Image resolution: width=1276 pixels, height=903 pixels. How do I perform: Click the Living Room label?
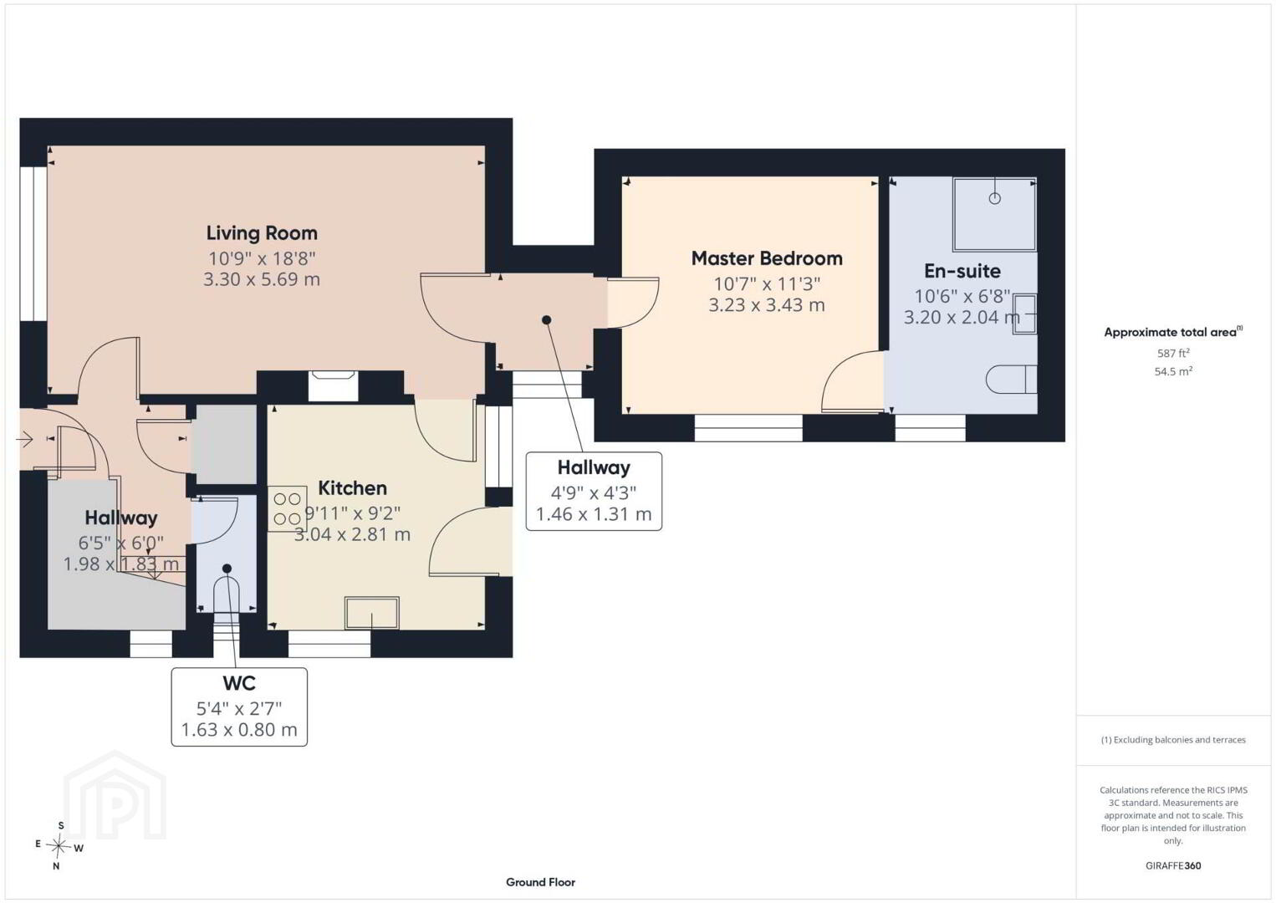pyautogui.click(x=262, y=233)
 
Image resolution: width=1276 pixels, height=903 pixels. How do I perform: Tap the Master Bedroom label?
pyautogui.click(x=767, y=258)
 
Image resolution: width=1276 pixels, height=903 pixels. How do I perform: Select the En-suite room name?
pyautogui.click(x=962, y=271)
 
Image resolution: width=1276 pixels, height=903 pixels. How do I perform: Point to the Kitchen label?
pyautogui.click(x=352, y=488)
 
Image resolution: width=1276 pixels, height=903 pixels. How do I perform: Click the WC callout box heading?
pyautogui.click(x=239, y=682)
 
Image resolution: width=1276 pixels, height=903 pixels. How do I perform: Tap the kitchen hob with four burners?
pyautogui.click(x=287, y=508)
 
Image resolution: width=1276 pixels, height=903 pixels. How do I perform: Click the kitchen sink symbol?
pyautogui.click(x=371, y=613)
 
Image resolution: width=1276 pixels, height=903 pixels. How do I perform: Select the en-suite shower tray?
pyautogui.click(x=994, y=214)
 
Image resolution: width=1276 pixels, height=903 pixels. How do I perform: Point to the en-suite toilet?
pyautogui.click(x=1011, y=379)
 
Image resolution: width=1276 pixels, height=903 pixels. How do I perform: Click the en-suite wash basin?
pyautogui.click(x=1025, y=314)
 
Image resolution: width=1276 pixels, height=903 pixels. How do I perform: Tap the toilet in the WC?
pyautogui.click(x=227, y=595)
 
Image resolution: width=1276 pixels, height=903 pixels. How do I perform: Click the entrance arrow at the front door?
pyautogui.click(x=24, y=439)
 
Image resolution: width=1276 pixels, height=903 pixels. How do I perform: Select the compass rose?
pyautogui.click(x=58, y=846)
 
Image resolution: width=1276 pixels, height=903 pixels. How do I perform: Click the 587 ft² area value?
pyautogui.click(x=1173, y=353)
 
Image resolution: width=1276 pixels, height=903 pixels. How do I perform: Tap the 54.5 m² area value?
pyautogui.click(x=1173, y=371)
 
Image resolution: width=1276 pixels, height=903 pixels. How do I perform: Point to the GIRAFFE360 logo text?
pyautogui.click(x=1173, y=866)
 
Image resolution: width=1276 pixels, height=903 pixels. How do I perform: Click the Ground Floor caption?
pyautogui.click(x=541, y=882)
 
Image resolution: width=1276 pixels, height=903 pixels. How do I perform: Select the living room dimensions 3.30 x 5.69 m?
pyautogui.click(x=262, y=280)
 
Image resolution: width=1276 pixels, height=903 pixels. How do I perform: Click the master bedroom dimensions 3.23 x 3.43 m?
pyautogui.click(x=767, y=305)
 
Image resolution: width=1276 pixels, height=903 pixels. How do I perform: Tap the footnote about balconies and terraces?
pyautogui.click(x=1173, y=740)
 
